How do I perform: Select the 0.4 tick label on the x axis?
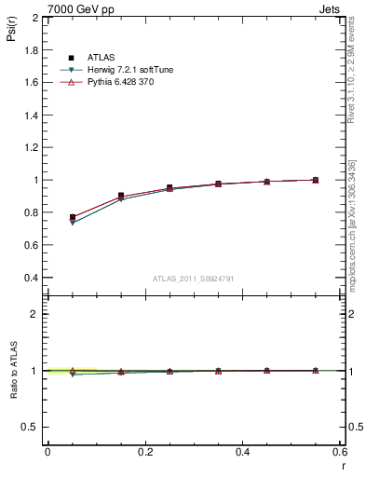coord(243,452)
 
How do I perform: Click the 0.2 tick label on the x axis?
coord(145,452)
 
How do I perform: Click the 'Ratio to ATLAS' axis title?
coord(12,371)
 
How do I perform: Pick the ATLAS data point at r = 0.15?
coord(121,196)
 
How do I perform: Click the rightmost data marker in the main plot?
coord(316,180)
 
